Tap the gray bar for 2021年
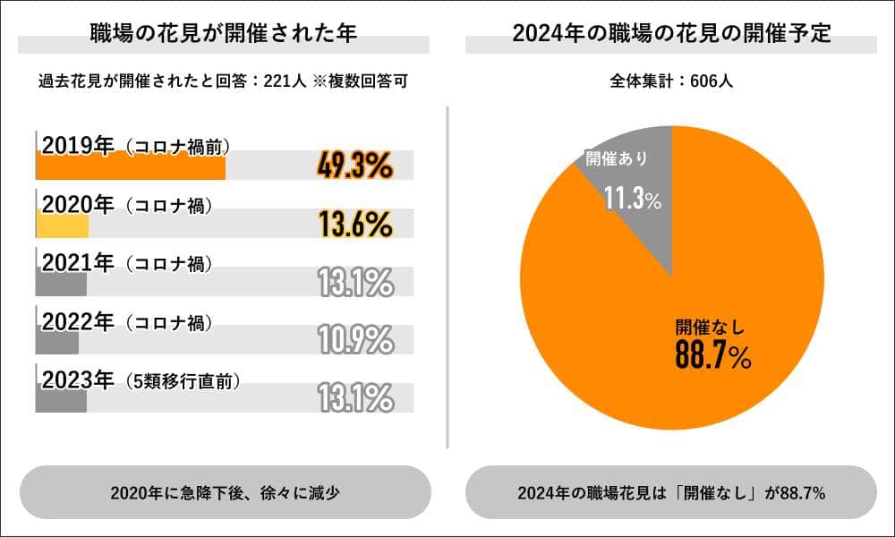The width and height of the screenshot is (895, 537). pos(61,285)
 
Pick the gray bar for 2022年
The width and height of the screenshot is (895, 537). pos(57,343)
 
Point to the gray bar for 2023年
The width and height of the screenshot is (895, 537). pos(61,400)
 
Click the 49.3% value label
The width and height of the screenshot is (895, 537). pos(355,166)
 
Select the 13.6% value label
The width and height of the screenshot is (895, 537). pos(355,224)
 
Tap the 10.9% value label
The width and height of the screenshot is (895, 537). pos(355,339)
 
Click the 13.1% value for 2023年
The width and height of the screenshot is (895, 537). pos(355,397)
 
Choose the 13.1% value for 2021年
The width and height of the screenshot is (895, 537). pos(355,282)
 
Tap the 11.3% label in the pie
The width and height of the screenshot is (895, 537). pos(632,199)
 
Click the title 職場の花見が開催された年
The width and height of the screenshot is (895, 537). pos(224,34)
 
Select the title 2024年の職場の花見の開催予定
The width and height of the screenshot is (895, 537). pos(671,34)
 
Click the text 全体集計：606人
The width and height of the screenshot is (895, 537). pos(671,81)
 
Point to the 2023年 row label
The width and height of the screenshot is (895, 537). pos(79,380)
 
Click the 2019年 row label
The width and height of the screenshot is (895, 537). pos(79,146)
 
